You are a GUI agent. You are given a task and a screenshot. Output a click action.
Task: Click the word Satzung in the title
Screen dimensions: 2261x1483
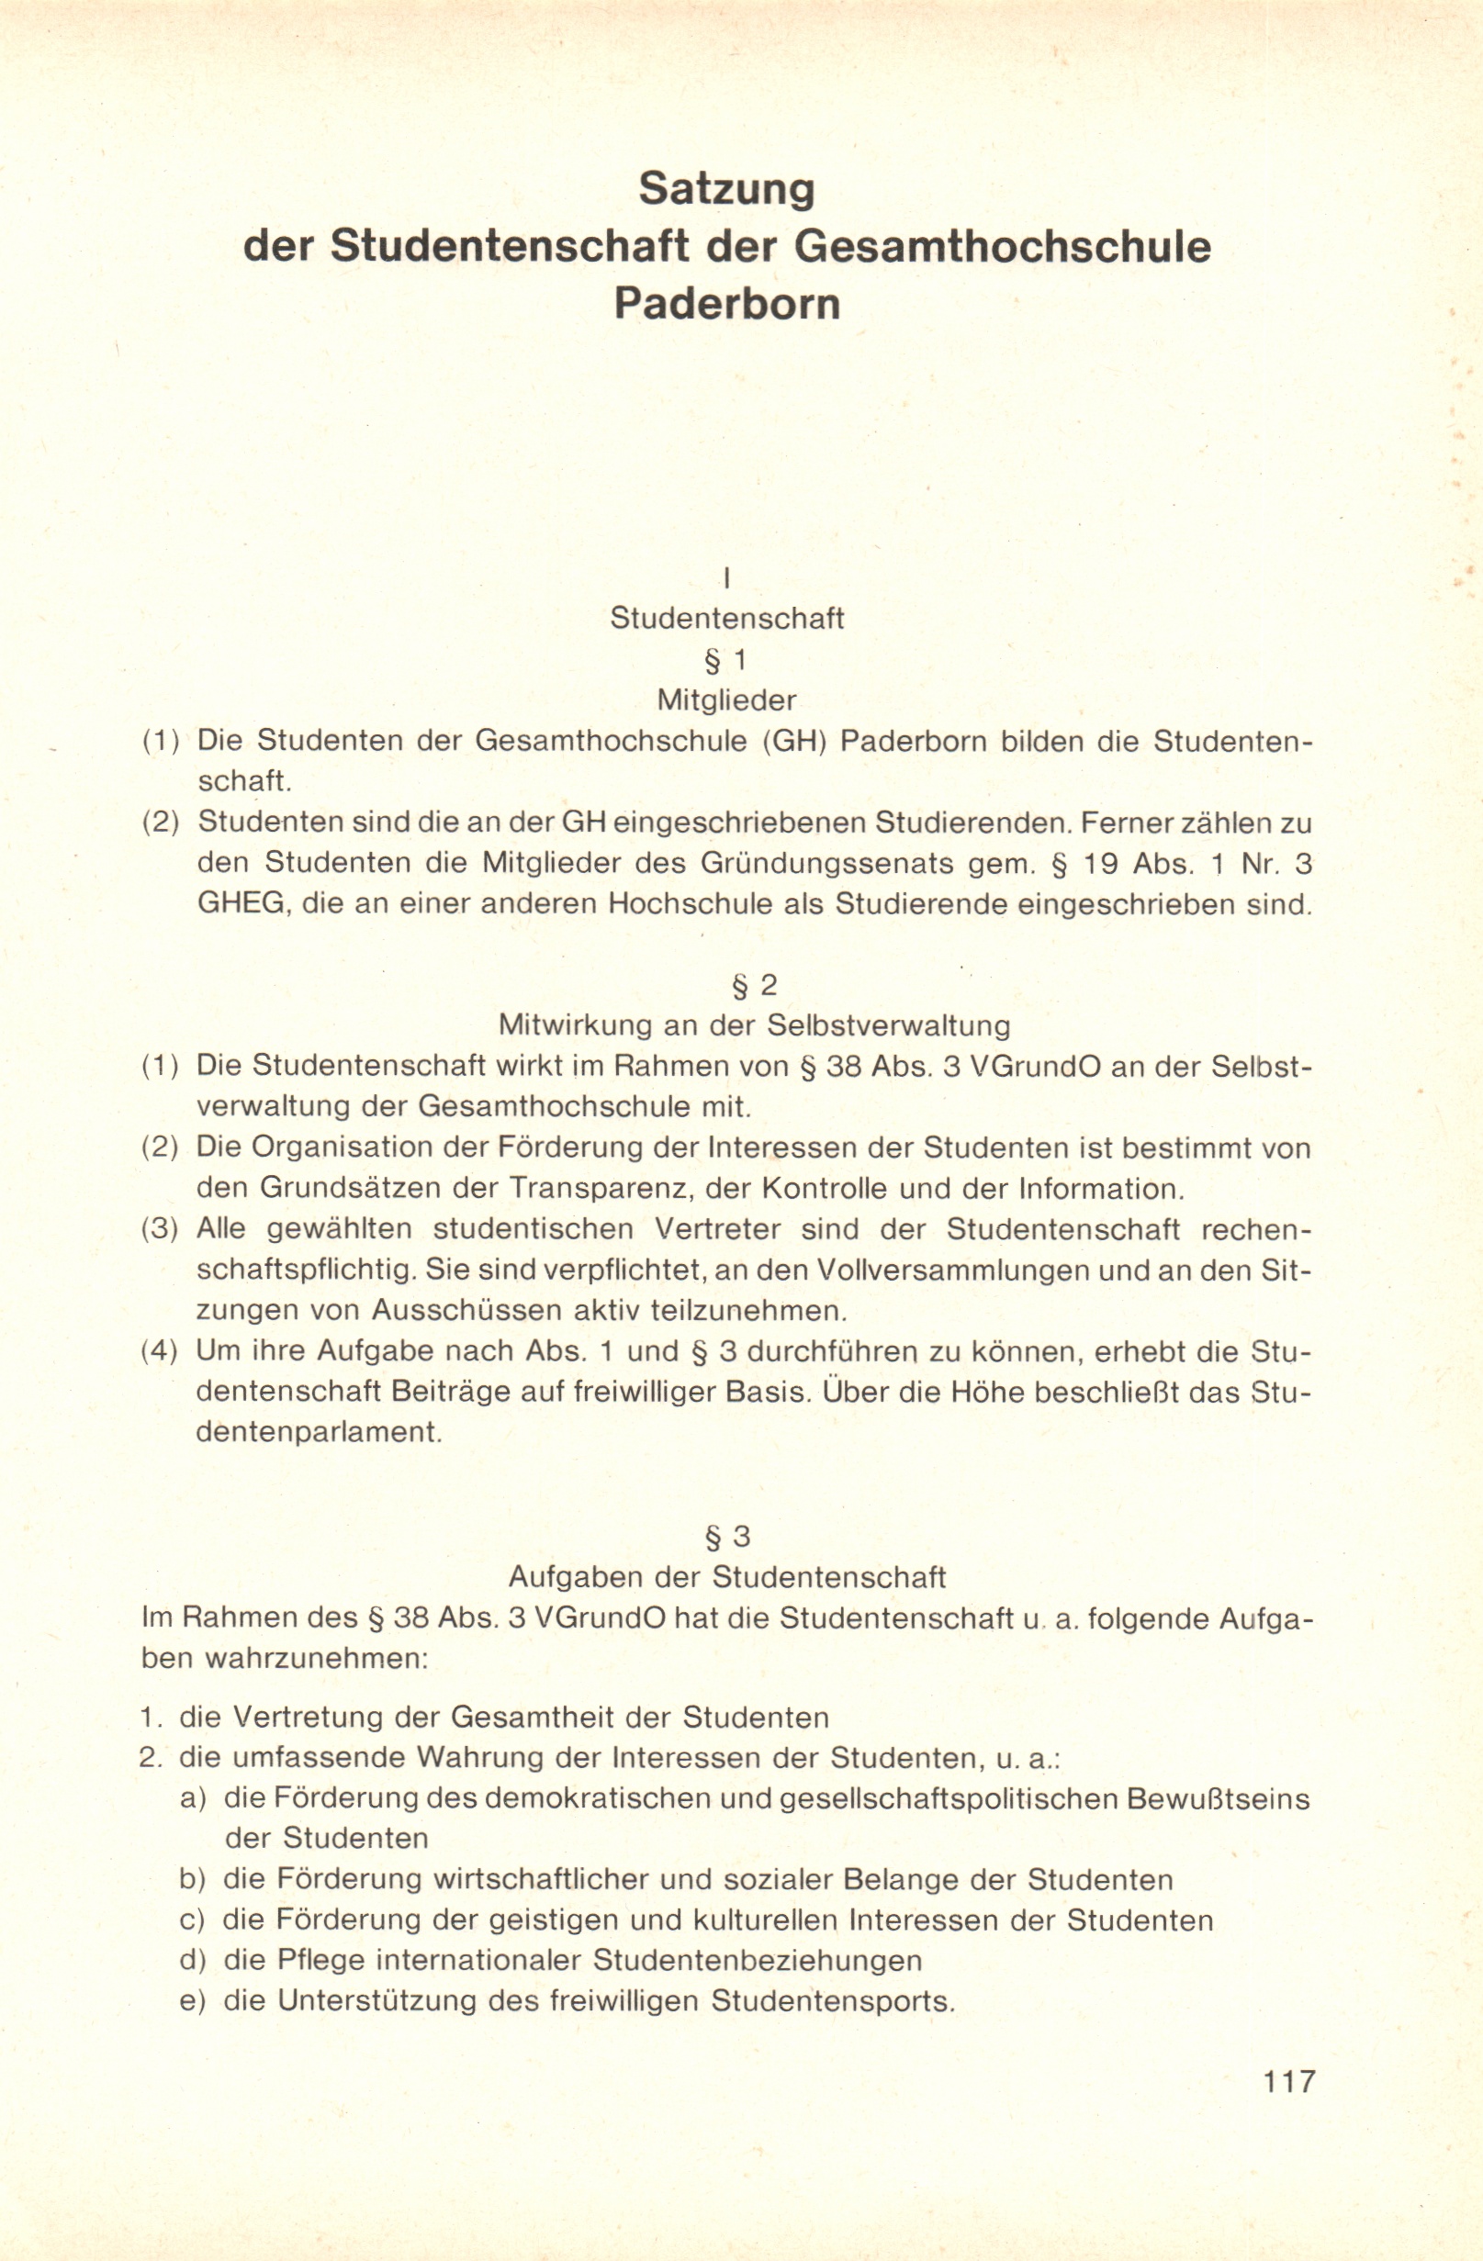click(x=726, y=189)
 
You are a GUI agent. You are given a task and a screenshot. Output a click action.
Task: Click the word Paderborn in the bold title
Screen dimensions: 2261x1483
click(x=726, y=304)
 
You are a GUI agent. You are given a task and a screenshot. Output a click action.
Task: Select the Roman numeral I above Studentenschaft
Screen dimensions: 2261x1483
click(x=725, y=576)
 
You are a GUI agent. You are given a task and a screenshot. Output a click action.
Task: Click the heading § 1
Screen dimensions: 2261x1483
click(x=726, y=659)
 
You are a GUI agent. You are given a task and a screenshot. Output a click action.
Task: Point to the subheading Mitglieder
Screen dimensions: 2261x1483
click(x=726, y=700)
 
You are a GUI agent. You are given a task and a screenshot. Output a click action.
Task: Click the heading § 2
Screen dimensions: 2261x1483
click(x=754, y=985)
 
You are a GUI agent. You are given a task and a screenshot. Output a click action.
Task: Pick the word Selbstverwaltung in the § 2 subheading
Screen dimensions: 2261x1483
click(x=887, y=1026)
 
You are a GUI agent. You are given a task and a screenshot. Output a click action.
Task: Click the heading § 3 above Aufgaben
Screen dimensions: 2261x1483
click(x=726, y=1536)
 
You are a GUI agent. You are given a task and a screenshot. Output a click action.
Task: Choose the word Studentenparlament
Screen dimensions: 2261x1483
click(x=320, y=1432)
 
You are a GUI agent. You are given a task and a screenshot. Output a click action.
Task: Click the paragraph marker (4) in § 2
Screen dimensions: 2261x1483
click(x=161, y=1351)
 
